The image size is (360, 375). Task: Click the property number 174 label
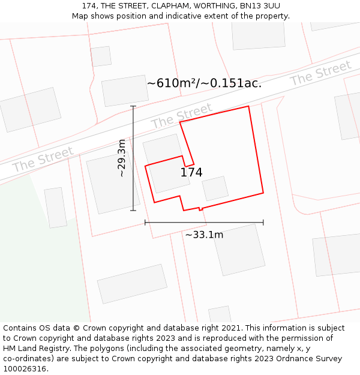click(x=191, y=173)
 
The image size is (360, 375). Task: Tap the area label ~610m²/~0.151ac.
click(x=204, y=83)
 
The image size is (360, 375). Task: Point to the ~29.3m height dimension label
click(x=122, y=158)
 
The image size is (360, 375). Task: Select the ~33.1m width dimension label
click(x=204, y=235)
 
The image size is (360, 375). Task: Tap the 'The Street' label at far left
click(x=43, y=159)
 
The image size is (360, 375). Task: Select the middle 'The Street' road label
click(x=181, y=116)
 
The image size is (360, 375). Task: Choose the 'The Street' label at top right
click(x=320, y=73)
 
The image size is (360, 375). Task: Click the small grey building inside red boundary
click(x=215, y=188)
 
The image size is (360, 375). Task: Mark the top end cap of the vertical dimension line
click(x=133, y=106)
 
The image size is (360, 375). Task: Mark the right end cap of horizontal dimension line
click(x=263, y=223)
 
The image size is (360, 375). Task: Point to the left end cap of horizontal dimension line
click(x=145, y=223)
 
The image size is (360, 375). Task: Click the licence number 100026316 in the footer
click(x=25, y=369)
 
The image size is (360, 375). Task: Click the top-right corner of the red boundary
click(x=248, y=106)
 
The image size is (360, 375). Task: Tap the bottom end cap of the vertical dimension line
click(x=133, y=211)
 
